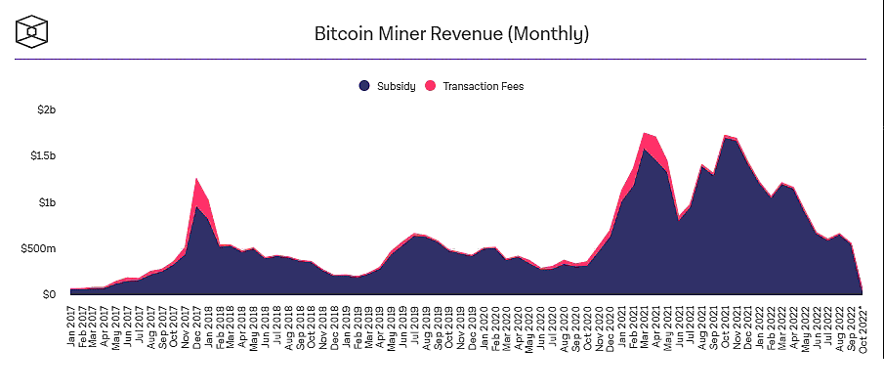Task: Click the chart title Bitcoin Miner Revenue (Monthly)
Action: click(x=451, y=35)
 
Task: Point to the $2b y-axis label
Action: click(x=47, y=109)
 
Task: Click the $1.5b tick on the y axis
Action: click(x=43, y=156)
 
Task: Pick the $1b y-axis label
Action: click(x=47, y=202)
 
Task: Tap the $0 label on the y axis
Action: click(x=49, y=294)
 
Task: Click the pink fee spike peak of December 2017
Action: click(x=197, y=180)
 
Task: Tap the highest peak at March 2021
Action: click(x=645, y=134)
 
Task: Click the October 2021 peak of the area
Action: click(x=726, y=136)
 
